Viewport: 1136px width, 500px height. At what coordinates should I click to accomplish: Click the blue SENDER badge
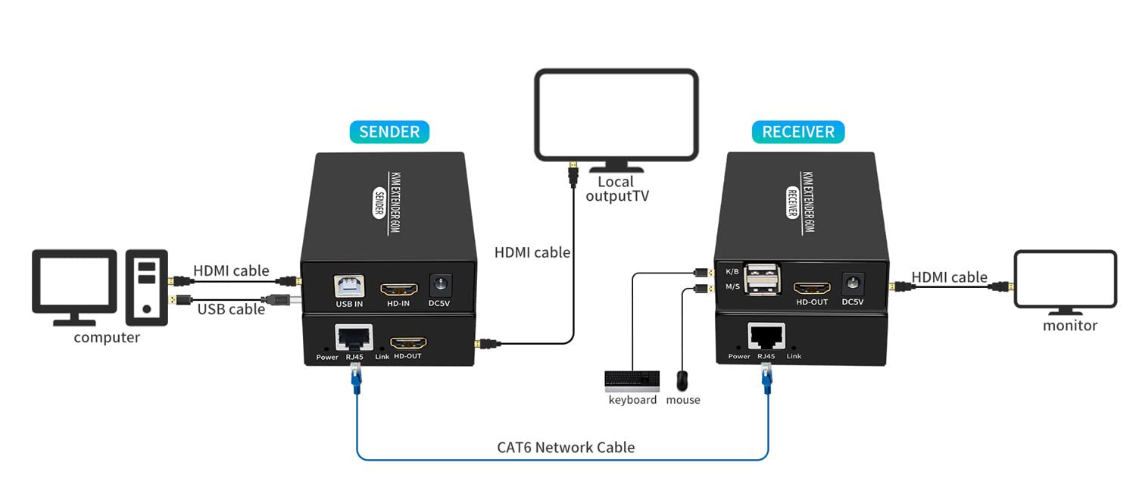[389, 132]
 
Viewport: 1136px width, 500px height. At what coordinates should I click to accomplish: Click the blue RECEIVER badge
[798, 132]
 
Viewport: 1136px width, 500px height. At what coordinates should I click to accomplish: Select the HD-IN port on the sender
[398, 289]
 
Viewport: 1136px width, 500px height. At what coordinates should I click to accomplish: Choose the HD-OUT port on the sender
[407, 342]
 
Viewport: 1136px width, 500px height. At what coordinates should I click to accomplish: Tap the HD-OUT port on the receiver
[812, 289]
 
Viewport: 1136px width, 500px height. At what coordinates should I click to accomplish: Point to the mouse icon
[682, 380]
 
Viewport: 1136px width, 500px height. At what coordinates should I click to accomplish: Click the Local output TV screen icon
[616, 115]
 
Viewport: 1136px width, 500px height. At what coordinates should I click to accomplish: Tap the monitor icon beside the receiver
[1065, 280]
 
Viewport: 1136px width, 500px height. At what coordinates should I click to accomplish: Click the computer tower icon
[148, 283]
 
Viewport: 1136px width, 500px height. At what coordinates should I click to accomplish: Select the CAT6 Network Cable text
[566, 447]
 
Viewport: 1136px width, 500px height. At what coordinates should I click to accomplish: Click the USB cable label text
[231, 309]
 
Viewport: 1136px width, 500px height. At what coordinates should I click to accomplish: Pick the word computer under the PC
[107, 338]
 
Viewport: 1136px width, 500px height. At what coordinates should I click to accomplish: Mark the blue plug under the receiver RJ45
[766, 377]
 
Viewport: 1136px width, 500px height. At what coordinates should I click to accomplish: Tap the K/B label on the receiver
[732, 271]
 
